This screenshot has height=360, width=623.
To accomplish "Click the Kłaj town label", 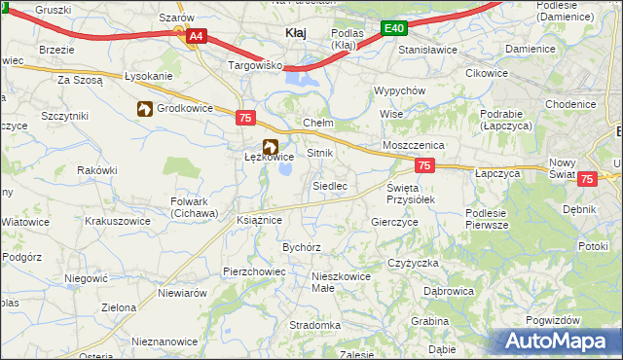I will (x=295, y=33).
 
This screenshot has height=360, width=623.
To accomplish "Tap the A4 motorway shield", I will (x=196, y=36).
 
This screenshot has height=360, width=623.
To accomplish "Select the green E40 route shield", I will (x=393, y=29).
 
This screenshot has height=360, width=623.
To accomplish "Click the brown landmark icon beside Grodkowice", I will (x=145, y=109).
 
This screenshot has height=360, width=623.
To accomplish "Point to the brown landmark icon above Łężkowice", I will (x=256, y=146).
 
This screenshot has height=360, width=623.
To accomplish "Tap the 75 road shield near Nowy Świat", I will (x=587, y=179).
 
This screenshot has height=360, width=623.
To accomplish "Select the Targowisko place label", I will (x=254, y=65).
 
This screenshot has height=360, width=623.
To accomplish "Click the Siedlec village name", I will (x=329, y=185).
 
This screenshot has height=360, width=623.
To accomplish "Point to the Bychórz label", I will (x=302, y=247).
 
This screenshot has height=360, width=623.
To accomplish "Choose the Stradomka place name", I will (x=314, y=325).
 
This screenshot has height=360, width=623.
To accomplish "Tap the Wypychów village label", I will (x=400, y=90).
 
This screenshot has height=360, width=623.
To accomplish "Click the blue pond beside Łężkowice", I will (x=286, y=169).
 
